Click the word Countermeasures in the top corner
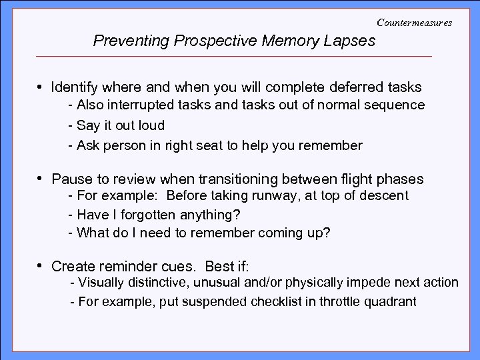(x=414, y=22)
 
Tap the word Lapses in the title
(x=351, y=41)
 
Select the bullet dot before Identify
(x=41, y=87)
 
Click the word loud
(x=151, y=125)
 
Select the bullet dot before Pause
(x=41, y=179)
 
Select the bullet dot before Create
(x=41, y=267)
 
